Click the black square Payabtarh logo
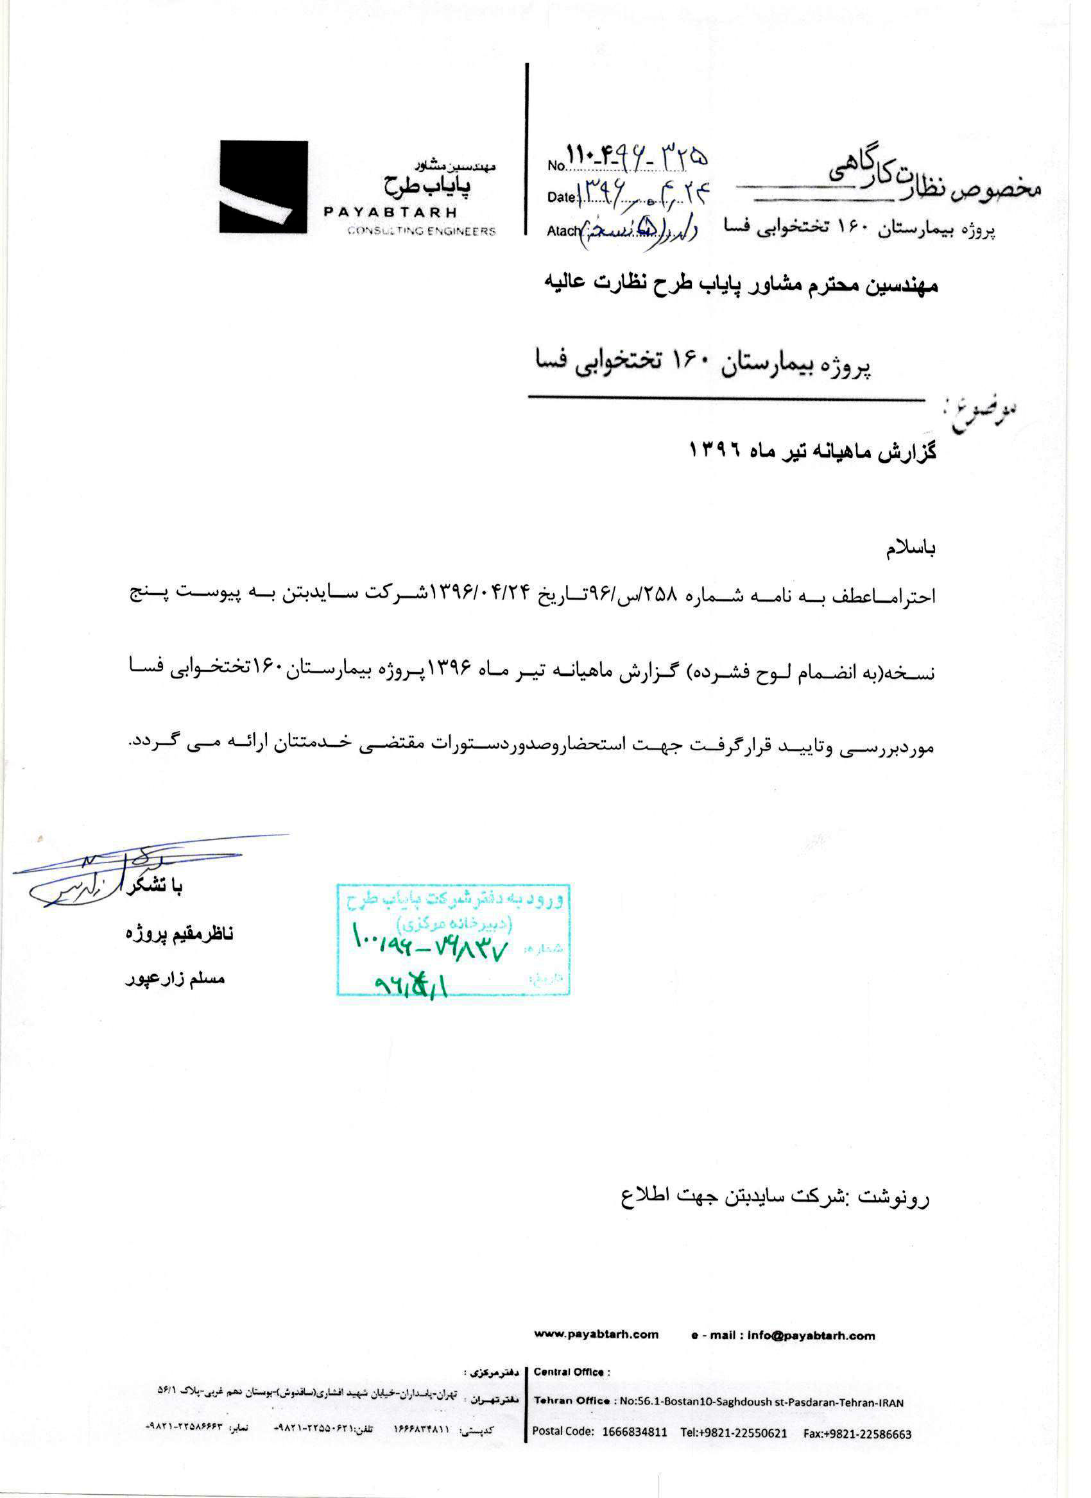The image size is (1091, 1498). tap(264, 187)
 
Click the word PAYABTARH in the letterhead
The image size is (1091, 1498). tap(390, 213)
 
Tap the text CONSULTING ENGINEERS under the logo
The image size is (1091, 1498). tap(421, 231)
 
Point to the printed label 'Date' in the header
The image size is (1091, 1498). tap(561, 197)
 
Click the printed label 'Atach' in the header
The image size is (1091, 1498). tap(562, 230)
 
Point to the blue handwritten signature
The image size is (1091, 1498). tap(99, 872)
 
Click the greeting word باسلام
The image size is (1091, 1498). tap(910, 550)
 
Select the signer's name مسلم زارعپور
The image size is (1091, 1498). tap(175, 979)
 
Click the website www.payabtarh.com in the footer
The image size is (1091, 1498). tap(596, 1335)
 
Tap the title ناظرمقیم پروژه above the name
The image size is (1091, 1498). tap(179, 934)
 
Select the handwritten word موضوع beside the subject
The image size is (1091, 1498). tap(983, 415)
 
